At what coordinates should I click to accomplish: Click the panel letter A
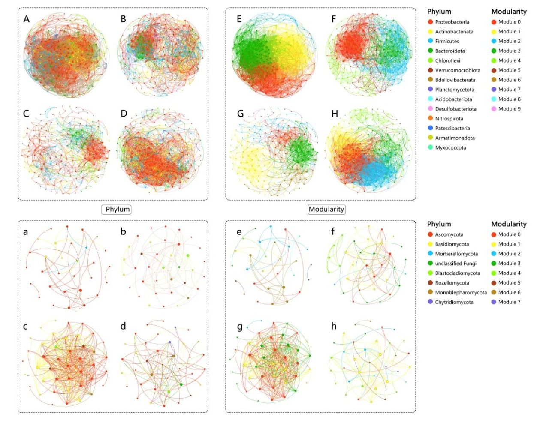tap(27, 19)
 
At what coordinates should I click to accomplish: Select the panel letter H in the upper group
tap(335, 114)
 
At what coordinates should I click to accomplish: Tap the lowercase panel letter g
tap(240, 327)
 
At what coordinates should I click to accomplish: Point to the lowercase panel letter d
tap(123, 327)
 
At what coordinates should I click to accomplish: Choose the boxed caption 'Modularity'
tap(326, 209)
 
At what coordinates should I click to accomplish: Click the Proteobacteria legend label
tap(452, 22)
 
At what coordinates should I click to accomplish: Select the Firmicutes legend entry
tap(447, 41)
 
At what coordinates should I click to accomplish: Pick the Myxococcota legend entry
tap(450, 147)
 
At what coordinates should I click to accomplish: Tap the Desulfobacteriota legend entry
tap(455, 109)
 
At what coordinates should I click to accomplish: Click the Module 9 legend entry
tap(509, 109)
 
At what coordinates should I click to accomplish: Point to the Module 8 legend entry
tap(509, 99)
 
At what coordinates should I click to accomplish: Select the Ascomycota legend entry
tap(449, 234)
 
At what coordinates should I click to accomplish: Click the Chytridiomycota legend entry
tap(454, 302)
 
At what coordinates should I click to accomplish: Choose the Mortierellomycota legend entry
tap(456, 254)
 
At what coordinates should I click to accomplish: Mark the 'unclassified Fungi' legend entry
tap(455, 264)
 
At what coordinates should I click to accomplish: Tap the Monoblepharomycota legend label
tap(461, 292)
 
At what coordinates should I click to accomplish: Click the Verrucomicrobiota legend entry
tap(458, 70)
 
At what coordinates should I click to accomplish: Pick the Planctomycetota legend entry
tap(455, 90)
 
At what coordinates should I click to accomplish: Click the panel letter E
tap(239, 19)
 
